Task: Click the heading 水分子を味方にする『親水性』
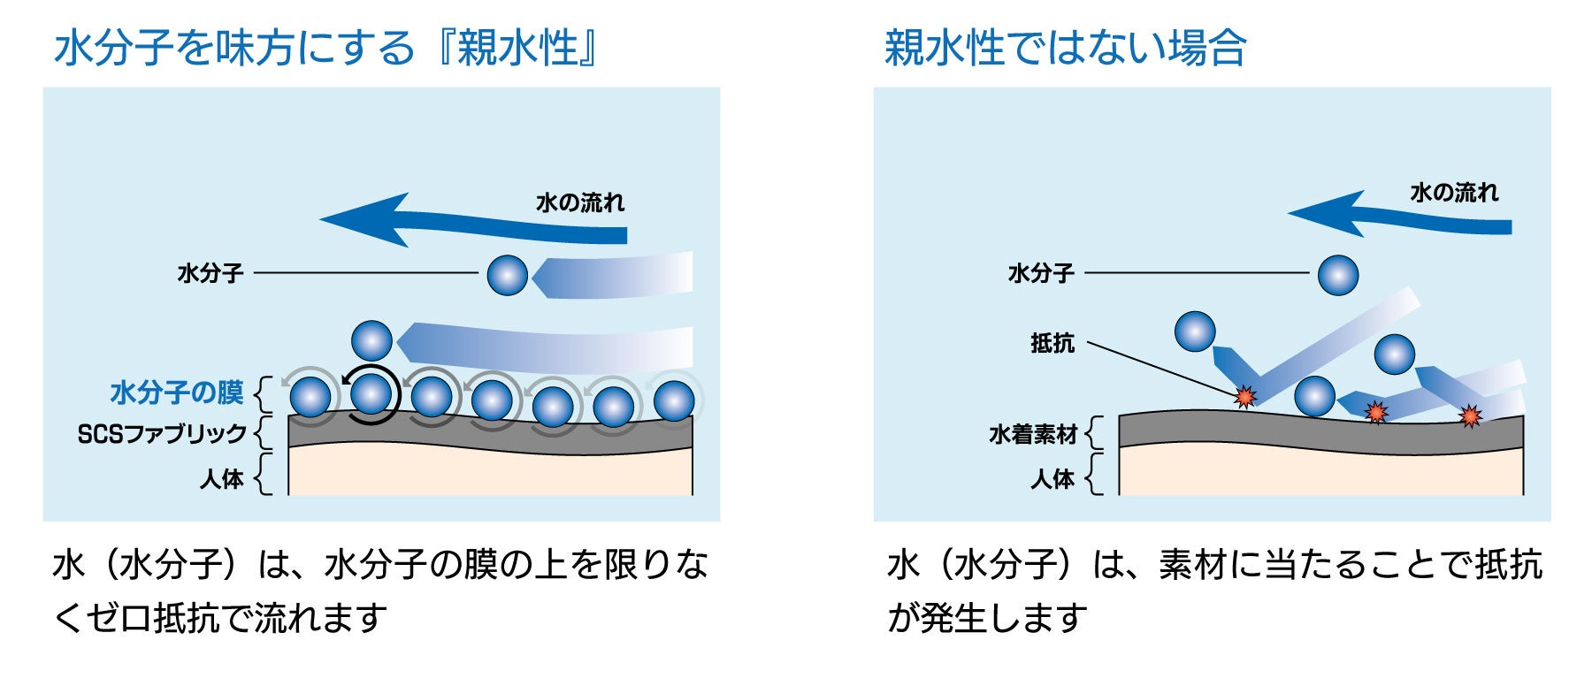click(x=325, y=48)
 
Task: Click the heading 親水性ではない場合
click(x=1065, y=48)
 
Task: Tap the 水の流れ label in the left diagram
click(x=580, y=203)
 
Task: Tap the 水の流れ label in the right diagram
click(x=1454, y=193)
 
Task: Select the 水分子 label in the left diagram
click(x=210, y=273)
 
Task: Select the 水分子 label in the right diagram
click(x=1041, y=273)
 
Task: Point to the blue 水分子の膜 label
click(x=177, y=393)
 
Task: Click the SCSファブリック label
click(x=162, y=434)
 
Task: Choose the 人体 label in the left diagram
click(x=221, y=479)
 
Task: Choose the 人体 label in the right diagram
click(x=1052, y=479)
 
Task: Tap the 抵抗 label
click(x=1052, y=343)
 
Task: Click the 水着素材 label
click(x=1033, y=434)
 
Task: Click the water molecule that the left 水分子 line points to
click(x=508, y=275)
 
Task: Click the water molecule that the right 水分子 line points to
click(x=1337, y=275)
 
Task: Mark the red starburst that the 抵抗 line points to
click(x=1245, y=397)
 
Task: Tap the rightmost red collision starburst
click(x=1470, y=415)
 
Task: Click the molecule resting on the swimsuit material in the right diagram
click(x=1314, y=396)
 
